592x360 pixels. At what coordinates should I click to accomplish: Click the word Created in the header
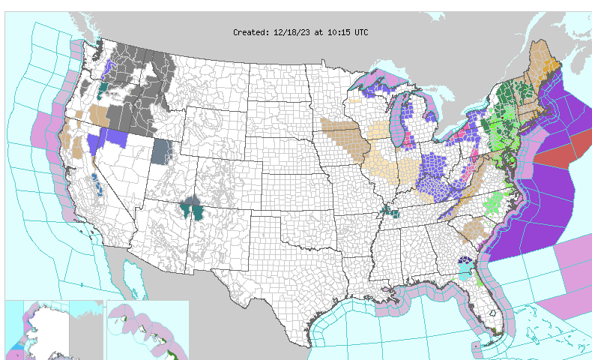coord(250,32)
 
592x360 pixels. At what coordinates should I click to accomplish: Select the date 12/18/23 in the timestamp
coord(293,32)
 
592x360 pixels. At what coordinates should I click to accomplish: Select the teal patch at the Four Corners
coord(193,207)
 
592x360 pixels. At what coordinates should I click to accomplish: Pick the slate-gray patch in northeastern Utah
coord(162,150)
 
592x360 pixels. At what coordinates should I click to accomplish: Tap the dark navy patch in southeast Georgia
coord(467,262)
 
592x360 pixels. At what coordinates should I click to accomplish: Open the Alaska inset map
coord(52,330)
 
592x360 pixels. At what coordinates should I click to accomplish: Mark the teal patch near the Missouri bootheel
coord(389,212)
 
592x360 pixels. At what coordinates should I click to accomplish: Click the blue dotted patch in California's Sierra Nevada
coord(97,184)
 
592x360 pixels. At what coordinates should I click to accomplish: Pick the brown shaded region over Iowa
coord(345,135)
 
